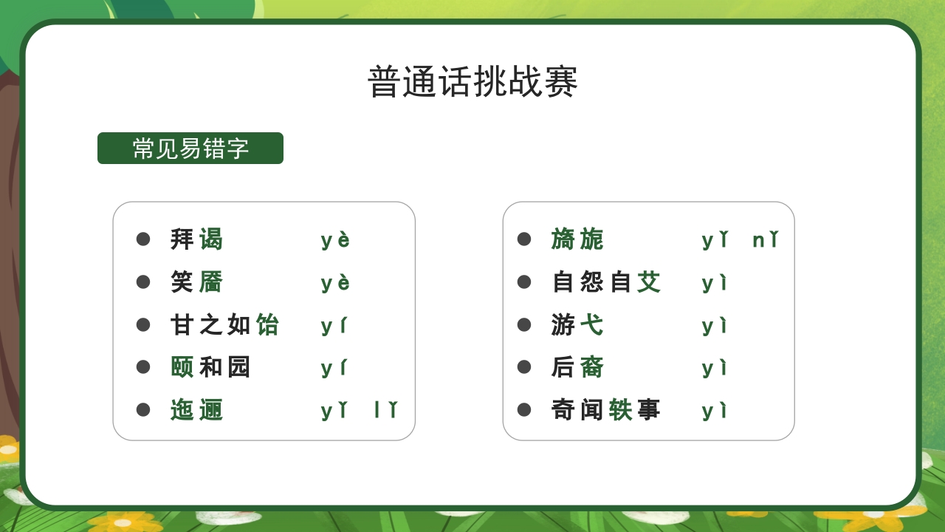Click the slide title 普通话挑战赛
coord(472,81)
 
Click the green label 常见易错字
coord(190,149)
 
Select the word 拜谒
coord(196,239)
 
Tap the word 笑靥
coord(196,282)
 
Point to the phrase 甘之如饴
coord(224,324)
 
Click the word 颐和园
coord(210,367)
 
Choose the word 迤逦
coord(196,410)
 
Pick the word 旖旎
coord(577,239)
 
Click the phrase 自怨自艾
coord(605,282)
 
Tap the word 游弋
coord(577,324)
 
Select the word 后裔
coord(577,367)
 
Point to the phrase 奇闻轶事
coord(605,410)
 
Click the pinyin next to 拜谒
coord(335,240)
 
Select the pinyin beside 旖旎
coord(740,240)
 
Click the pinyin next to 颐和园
coord(334,368)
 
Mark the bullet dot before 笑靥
coord(143,282)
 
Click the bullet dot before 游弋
coord(524,324)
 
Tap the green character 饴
coord(267,324)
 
